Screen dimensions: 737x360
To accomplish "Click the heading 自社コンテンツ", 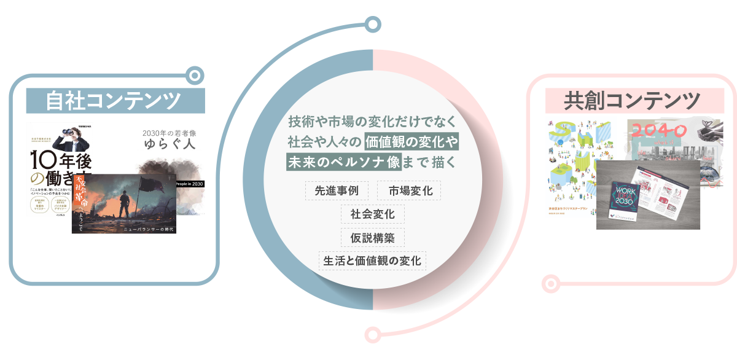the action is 113,100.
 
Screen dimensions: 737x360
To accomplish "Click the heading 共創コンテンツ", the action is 632,100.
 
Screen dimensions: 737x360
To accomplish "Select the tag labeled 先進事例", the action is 337,190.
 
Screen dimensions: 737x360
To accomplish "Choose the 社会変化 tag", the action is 373,214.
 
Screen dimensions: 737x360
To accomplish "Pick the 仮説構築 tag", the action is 373,237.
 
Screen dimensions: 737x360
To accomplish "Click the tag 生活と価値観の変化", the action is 373,260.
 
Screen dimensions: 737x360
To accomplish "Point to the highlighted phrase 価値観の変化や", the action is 411,141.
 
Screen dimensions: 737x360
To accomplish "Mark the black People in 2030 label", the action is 190,184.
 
